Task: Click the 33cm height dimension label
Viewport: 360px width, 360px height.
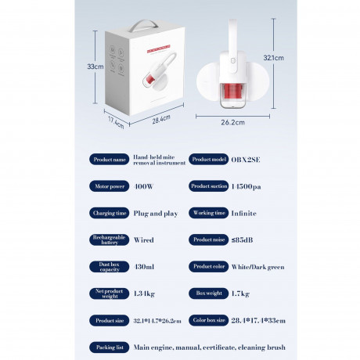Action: coord(95,67)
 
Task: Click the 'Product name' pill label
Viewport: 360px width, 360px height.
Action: coord(110,160)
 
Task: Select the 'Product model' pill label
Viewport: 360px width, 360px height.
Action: coord(207,160)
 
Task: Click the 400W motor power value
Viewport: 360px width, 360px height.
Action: coord(144,187)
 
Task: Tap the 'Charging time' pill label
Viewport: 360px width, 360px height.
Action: coord(110,213)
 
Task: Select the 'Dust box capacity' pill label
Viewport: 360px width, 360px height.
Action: coord(110,267)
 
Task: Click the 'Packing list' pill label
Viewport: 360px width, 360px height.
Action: coord(110,347)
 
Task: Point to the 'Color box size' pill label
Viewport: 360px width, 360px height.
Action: coord(207,320)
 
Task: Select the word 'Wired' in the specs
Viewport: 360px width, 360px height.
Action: coord(144,239)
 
